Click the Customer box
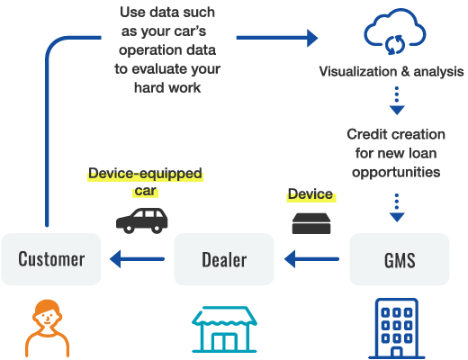(x=51, y=259)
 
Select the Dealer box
(x=224, y=259)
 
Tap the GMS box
(x=400, y=259)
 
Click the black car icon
(x=142, y=220)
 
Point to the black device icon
(x=311, y=223)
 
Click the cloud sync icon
(x=395, y=31)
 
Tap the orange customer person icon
(x=48, y=328)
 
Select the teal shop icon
(x=224, y=329)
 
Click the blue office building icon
(x=397, y=328)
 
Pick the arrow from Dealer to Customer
(x=137, y=259)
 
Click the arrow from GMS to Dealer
(x=311, y=259)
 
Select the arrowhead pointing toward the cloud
(x=312, y=38)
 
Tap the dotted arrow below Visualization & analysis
(x=397, y=101)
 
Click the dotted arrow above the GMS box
(x=397, y=208)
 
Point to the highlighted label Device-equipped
(x=145, y=174)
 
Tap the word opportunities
(x=396, y=173)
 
